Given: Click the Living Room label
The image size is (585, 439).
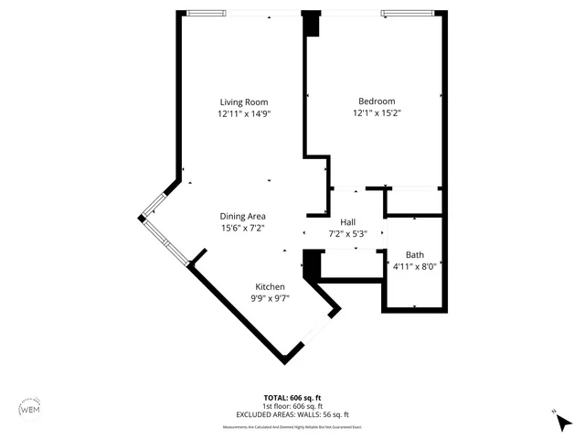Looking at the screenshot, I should click(244, 102).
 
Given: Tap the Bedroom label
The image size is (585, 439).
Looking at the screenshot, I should click(377, 102).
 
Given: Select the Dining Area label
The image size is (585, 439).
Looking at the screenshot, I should click(242, 216).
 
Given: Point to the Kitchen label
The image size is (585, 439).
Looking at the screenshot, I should click(270, 286).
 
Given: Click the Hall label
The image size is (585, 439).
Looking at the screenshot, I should click(347, 222).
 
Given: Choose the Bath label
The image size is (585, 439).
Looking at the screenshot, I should click(415, 255).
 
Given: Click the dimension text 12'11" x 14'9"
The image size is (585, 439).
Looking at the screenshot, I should click(244, 114).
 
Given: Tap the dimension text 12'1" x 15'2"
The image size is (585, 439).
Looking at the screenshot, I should click(378, 114).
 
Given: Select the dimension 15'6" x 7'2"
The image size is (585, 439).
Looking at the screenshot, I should click(242, 229).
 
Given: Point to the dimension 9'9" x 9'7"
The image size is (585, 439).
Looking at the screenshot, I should click(270, 298).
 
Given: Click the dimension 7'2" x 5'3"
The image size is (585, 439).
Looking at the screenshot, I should click(347, 234).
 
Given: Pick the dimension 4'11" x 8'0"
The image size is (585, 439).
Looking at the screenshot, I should click(415, 267).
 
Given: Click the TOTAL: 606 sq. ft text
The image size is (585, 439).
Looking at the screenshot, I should click(292, 398).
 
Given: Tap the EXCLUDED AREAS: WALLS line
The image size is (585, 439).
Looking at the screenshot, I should click(292, 414).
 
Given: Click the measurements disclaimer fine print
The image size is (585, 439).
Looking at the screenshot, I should click(292, 427).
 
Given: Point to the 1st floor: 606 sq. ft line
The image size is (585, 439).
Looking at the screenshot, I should click(292, 406).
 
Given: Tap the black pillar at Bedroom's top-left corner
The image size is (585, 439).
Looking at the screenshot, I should click(313, 25).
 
